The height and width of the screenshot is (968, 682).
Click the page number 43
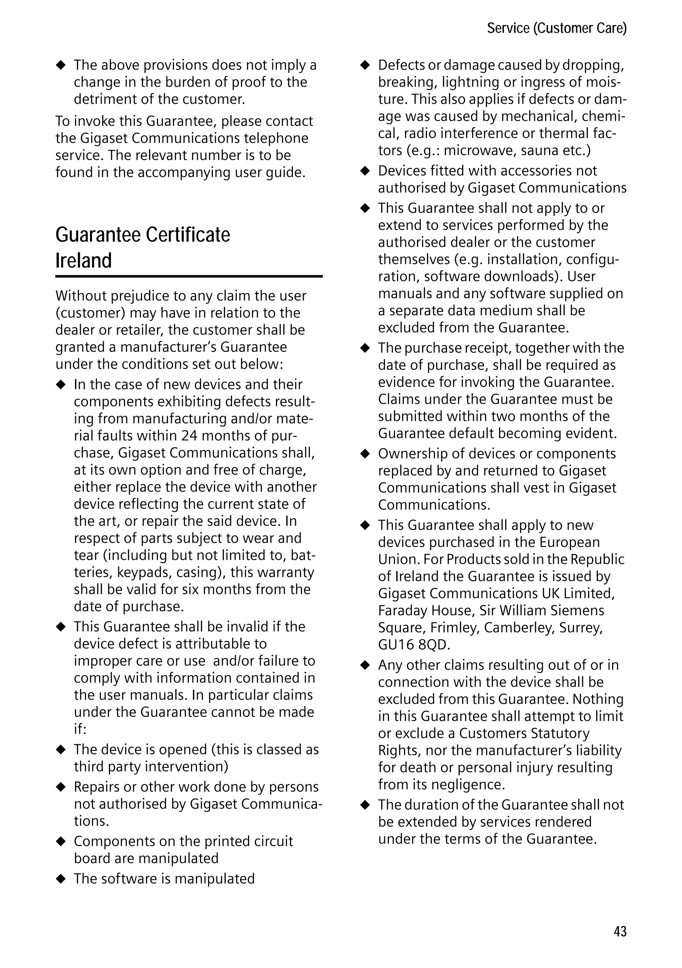coord(620,931)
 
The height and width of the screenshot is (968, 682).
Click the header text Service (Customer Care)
coord(556,28)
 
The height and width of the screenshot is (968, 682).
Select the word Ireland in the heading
coord(84,261)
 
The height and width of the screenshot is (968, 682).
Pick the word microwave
coord(478,150)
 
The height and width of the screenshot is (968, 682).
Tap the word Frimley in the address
coord(455,627)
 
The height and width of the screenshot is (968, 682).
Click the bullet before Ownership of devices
coord(365,454)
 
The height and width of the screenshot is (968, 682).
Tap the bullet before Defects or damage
coord(365,65)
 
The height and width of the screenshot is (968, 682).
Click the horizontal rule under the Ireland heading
coord(188,277)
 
